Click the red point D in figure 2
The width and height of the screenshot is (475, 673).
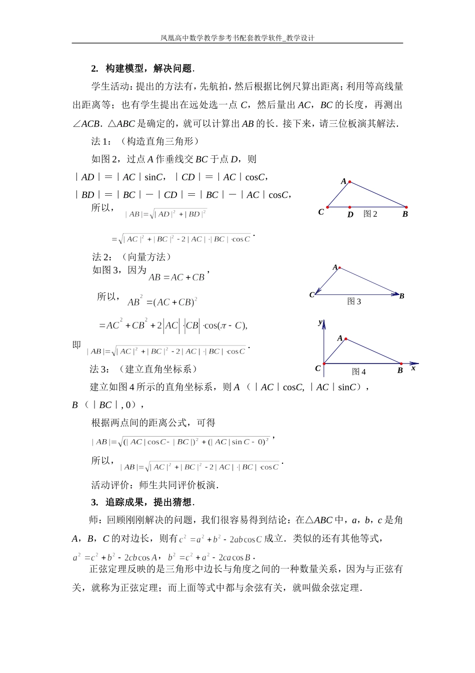349,207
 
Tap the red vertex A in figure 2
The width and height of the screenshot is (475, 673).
349,182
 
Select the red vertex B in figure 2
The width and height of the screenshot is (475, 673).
406,207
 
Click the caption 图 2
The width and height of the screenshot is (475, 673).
370,214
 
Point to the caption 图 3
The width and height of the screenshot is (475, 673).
354,301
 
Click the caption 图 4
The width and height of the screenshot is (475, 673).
358,372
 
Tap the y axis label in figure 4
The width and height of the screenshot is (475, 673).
320,322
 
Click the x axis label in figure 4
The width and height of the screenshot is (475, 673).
413,368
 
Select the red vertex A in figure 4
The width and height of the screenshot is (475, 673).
345,340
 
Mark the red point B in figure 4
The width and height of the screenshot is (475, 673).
401,364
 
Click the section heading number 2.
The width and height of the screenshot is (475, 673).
94,69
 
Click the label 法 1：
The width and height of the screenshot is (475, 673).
101,141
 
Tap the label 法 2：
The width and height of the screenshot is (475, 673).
102,257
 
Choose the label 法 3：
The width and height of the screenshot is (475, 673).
99,369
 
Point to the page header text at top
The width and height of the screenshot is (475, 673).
237,38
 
